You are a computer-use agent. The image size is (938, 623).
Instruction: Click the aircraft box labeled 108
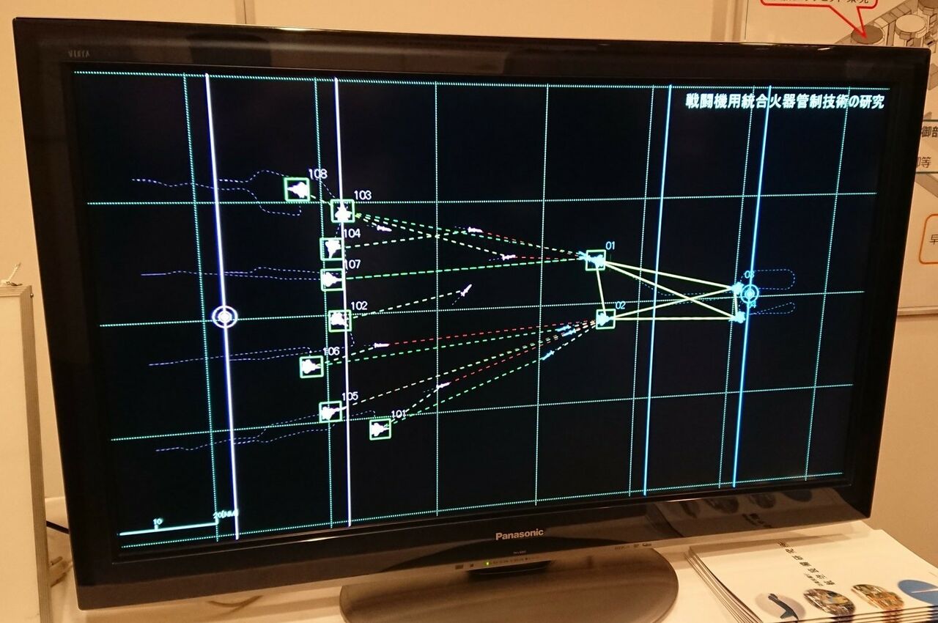click(x=297, y=189)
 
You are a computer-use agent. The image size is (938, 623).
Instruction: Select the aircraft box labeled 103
click(x=342, y=211)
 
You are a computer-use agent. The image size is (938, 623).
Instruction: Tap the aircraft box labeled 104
click(x=332, y=248)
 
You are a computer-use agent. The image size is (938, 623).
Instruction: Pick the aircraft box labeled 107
click(x=332, y=279)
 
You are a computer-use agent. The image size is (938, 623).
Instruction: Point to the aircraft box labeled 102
click(x=339, y=320)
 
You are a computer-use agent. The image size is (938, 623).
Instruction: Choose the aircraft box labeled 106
click(x=311, y=366)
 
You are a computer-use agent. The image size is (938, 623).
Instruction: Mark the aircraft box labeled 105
click(x=330, y=412)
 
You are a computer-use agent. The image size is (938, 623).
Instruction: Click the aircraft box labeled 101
click(x=380, y=429)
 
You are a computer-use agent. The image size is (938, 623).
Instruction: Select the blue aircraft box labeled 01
click(x=595, y=260)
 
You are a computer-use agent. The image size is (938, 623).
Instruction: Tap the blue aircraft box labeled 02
click(x=605, y=318)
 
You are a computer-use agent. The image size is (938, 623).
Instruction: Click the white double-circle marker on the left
click(x=225, y=317)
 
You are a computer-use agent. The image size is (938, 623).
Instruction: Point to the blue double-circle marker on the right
click(x=749, y=294)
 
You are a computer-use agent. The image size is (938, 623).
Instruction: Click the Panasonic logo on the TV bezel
click(x=519, y=535)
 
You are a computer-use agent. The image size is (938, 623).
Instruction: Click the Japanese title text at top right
click(x=784, y=102)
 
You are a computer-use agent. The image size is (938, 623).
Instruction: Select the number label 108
click(x=317, y=174)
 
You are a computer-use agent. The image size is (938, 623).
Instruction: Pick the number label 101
click(x=398, y=414)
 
